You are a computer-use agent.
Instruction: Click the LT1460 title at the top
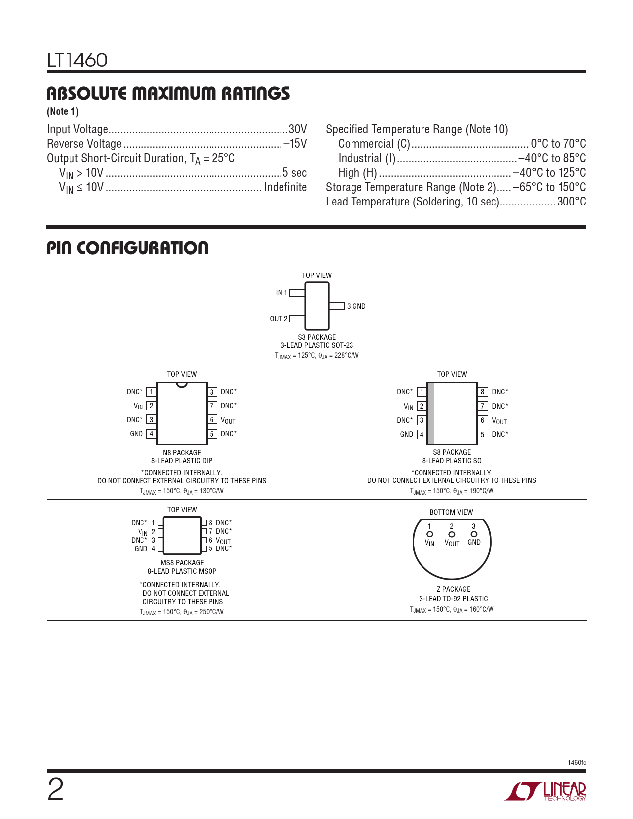(x=77, y=60)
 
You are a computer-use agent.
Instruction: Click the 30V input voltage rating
(x=298, y=129)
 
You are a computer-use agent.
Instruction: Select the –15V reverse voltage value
(x=295, y=144)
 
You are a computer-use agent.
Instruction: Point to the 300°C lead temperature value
(x=571, y=202)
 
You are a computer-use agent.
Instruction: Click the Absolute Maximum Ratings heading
(x=168, y=94)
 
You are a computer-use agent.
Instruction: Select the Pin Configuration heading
(x=127, y=248)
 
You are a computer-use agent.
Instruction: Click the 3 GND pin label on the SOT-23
(x=356, y=306)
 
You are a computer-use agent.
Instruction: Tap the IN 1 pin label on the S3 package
(x=281, y=293)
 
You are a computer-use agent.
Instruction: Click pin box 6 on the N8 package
(x=212, y=420)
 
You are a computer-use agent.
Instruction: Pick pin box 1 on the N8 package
(x=151, y=392)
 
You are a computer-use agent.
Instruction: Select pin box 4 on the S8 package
(x=422, y=434)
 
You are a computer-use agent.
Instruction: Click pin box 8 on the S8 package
(x=482, y=392)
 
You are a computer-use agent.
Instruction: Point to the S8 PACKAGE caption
(x=452, y=452)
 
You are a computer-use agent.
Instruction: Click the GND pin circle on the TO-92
(x=474, y=534)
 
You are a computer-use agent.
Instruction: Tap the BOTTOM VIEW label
(x=451, y=512)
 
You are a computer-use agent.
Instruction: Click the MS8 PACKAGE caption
(x=182, y=563)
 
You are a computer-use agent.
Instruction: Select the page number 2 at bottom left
(x=55, y=789)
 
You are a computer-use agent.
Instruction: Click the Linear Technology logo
(x=546, y=791)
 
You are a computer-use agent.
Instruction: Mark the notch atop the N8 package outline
(x=182, y=385)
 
